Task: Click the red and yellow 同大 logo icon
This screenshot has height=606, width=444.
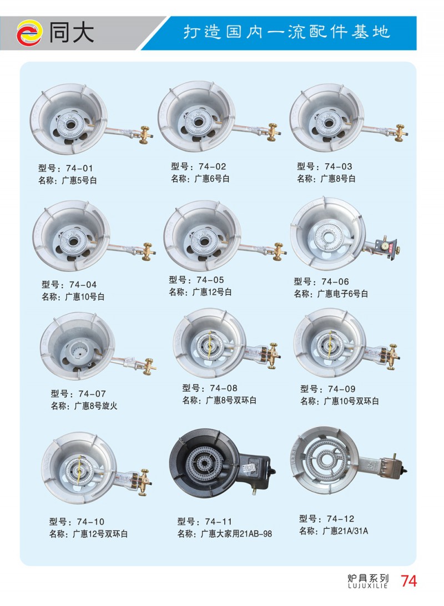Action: click(29, 33)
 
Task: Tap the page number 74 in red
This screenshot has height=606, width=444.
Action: click(408, 581)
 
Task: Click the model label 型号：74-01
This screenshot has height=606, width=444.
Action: click(65, 168)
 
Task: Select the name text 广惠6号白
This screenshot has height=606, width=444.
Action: click(212, 179)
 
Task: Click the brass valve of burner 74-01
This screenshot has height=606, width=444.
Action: click(145, 135)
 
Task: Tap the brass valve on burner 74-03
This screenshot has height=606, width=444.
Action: click(400, 133)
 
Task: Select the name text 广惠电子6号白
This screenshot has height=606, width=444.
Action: click(342, 294)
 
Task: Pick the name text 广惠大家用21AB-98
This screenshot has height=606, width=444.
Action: click(236, 534)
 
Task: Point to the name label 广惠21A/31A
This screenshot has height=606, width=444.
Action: click(345, 531)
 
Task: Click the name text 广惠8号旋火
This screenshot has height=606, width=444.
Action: click(95, 406)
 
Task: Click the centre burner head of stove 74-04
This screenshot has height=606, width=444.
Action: click(73, 241)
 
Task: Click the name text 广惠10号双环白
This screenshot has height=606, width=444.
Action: click(351, 401)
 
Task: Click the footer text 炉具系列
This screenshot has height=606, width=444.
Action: click(369, 579)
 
